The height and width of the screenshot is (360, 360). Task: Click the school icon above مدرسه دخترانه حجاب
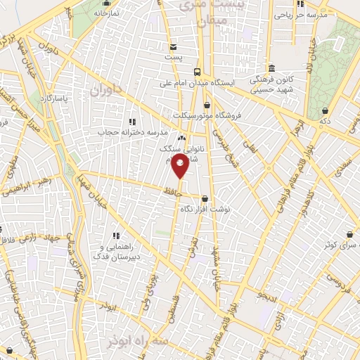(x=132, y=122)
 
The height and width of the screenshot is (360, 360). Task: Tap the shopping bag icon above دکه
(x=325, y=110)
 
